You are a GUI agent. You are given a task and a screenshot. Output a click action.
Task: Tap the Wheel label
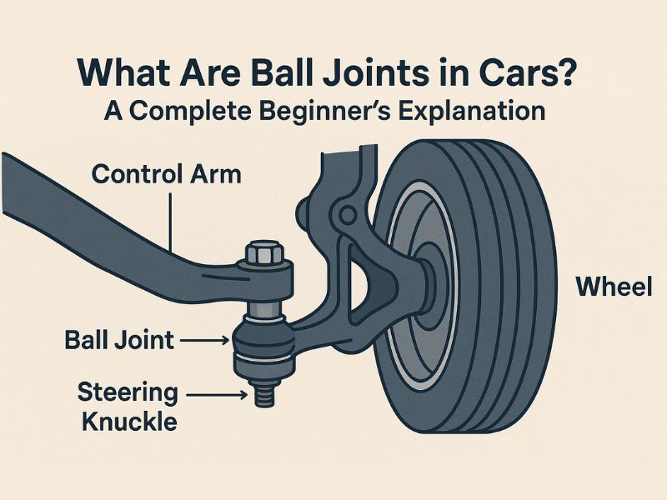(x=614, y=287)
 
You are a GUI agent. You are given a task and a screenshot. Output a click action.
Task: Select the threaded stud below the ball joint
(x=264, y=392)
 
